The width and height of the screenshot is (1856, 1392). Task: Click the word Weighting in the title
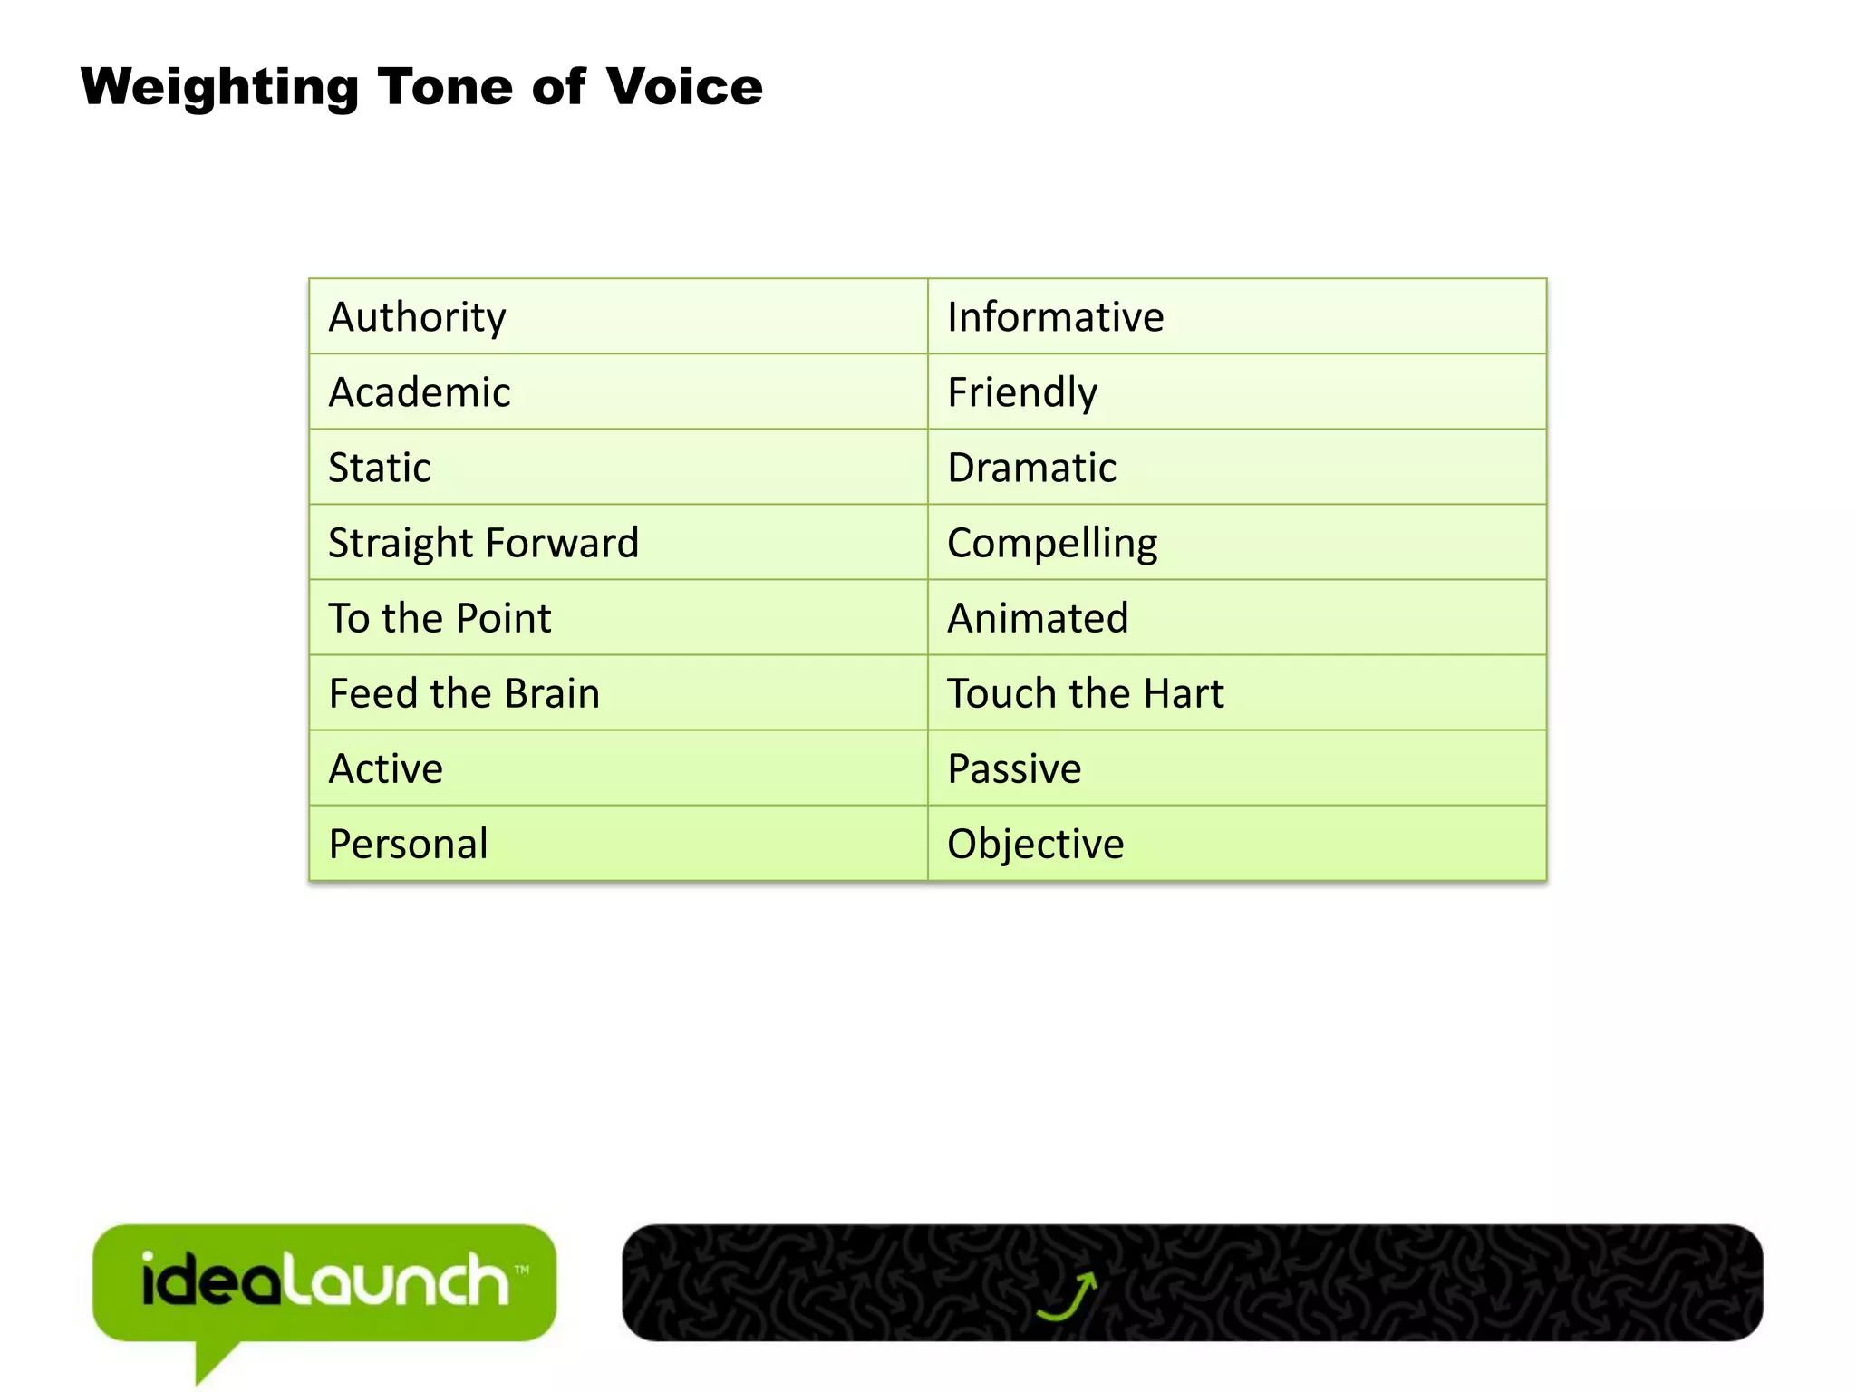(219, 89)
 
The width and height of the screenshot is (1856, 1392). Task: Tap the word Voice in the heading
(684, 87)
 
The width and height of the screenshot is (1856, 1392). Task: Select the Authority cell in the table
(417, 317)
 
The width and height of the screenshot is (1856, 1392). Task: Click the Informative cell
(1055, 317)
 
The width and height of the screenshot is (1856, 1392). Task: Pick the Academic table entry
(419, 392)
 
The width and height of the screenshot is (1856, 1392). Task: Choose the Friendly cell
(1022, 392)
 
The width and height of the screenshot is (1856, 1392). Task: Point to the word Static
(379, 468)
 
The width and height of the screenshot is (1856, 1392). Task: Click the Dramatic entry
(1031, 468)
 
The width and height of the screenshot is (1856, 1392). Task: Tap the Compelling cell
(1052, 543)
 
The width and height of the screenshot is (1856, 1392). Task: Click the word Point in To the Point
(503, 618)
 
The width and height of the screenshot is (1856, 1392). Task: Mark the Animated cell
(1038, 618)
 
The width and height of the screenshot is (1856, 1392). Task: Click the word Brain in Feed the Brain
(552, 693)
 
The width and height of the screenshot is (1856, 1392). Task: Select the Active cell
(385, 768)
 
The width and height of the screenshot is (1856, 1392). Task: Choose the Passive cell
(1014, 768)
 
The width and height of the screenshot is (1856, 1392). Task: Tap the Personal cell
(408, 844)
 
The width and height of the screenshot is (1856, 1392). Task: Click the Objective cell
(1035, 844)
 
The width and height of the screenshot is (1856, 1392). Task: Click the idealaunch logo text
(324, 1281)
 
